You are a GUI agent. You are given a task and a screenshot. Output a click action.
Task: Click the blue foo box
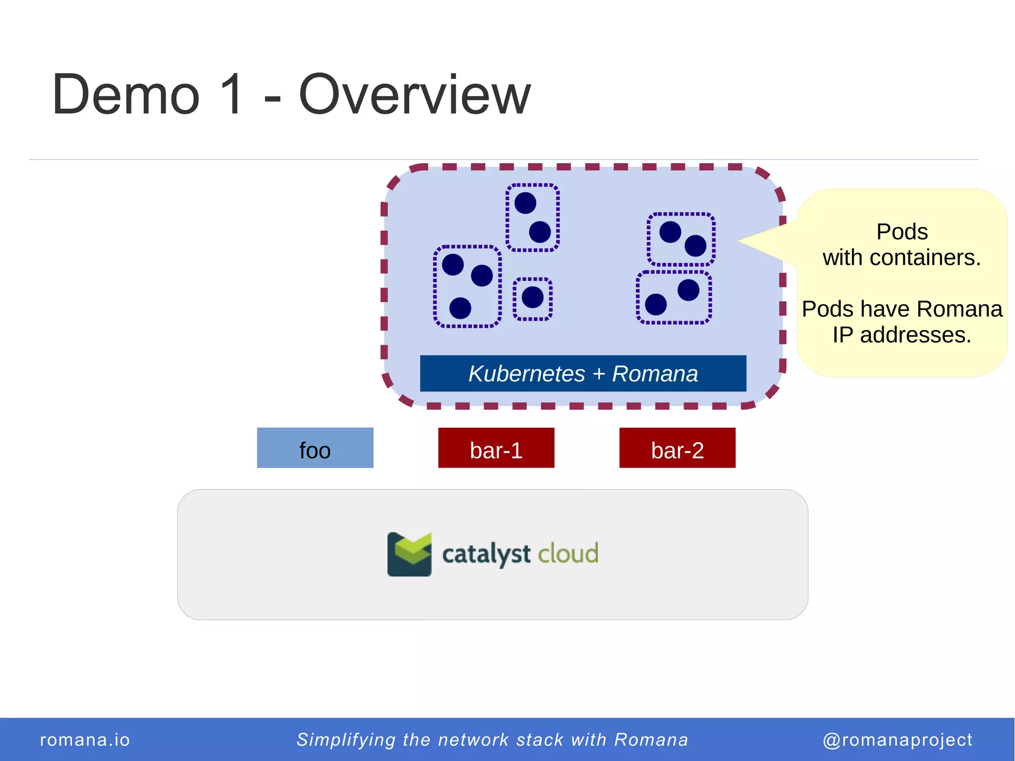[x=315, y=448]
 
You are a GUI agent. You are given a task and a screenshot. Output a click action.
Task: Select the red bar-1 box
[x=496, y=448]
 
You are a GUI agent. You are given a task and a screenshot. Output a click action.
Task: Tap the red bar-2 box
[x=677, y=448]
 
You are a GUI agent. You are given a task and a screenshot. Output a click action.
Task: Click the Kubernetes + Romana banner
[x=583, y=373]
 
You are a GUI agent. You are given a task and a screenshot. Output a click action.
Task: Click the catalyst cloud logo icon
[x=409, y=554]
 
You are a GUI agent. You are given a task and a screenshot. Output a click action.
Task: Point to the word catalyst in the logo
[x=486, y=554]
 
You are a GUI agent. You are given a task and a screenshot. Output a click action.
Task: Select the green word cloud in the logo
[x=568, y=553]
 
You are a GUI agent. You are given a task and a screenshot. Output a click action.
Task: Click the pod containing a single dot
[x=533, y=298]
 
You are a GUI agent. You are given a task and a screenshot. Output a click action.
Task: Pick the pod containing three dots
[x=467, y=287]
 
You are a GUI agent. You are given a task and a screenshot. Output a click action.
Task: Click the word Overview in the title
[x=414, y=94]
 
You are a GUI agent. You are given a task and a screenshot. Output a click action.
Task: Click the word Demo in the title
[x=126, y=94]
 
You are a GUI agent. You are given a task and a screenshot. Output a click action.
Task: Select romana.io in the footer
[x=85, y=740]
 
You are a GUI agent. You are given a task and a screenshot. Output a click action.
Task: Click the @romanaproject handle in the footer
[x=897, y=740]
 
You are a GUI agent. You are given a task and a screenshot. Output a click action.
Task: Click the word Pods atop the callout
[x=902, y=232]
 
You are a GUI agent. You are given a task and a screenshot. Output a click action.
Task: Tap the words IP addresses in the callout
[x=902, y=335]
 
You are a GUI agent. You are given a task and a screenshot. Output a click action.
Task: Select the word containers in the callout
[x=925, y=258]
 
